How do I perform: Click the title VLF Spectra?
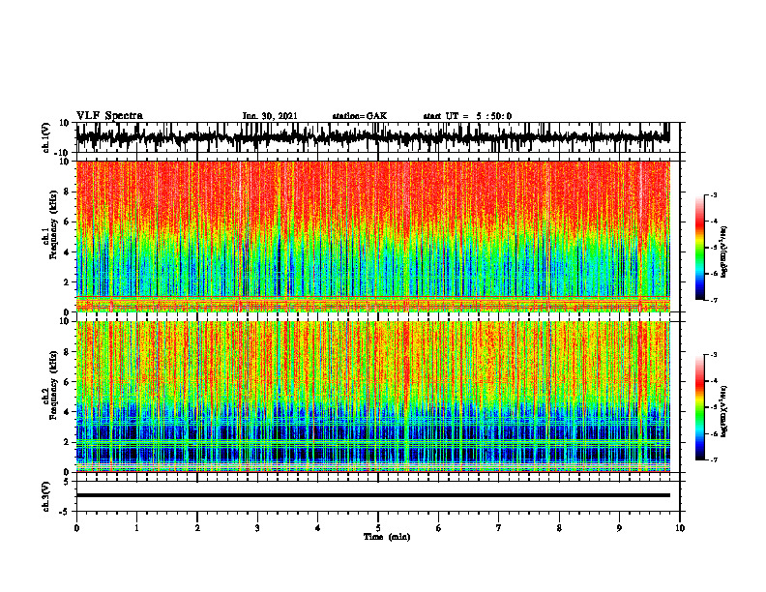pyautogui.click(x=109, y=116)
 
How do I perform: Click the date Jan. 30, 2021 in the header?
pyautogui.click(x=270, y=116)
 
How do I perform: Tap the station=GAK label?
pyautogui.click(x=360, y=116)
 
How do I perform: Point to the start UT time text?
pyautogui.click(x=467, y=116)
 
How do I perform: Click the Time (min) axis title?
pyautogui.click(x=386, y=537)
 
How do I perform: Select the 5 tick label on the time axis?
pyautogui.click(x=378, y=528)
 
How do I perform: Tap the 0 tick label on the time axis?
pyautogui.click(x=76, y=528)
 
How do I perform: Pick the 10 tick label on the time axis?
pyautogui.click(x=680, y=528)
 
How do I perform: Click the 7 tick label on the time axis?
pyautogui.click(x=499, y=528)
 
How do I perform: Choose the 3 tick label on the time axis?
pyautogui.click(x=257, y=528)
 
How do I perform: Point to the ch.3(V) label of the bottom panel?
pyautogui.click(x=46, y=495)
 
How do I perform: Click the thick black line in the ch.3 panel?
pyautogui.click(x=372, y=495)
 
